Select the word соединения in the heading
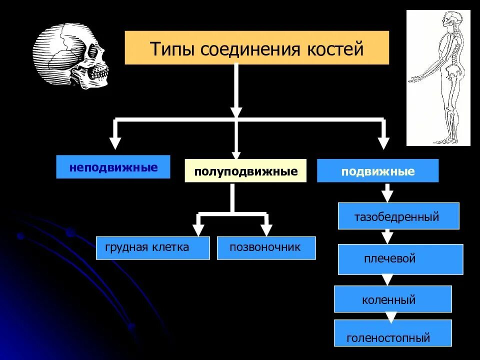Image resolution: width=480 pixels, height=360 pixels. click(x=249, y=49)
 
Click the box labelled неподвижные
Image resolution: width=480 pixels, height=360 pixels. click(x=113, y=167)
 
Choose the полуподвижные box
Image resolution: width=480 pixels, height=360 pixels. click(x=245, y=171)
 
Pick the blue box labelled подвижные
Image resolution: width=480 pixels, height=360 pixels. click(x=377, y=171)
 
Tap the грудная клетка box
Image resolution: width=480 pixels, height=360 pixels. click(x=152, y=247)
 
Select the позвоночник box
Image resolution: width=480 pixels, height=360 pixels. click(x=266, y=247)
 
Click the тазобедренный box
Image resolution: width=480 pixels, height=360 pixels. click(x=398, y=216)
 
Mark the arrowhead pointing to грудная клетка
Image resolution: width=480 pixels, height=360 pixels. click(x=198, y=229)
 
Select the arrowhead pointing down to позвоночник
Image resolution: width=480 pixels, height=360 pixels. click(x=266, y=229)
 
